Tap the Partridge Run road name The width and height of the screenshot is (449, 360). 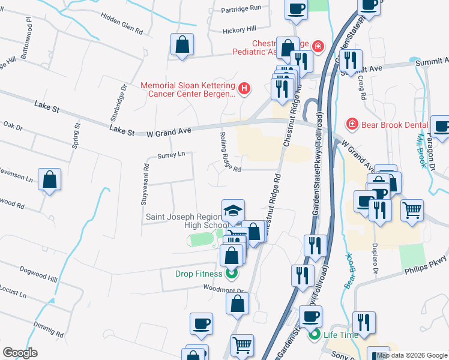pyautogui.click(x=242, y=8)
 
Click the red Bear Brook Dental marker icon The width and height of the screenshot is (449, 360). pyautogui.click(x=352, y=124)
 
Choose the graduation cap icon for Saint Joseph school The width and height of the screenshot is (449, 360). pyautogui.click(x=233, y=210)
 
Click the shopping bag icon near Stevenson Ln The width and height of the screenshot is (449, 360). pyautogui.click(x=50, y=179)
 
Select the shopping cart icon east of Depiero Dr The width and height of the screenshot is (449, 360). pyautogui.click(x=412, y=211)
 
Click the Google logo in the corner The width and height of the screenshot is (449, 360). pyautogui.click(x=20, y=353)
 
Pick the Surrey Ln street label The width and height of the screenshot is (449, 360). pyautogui.click(x=171, y=155)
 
